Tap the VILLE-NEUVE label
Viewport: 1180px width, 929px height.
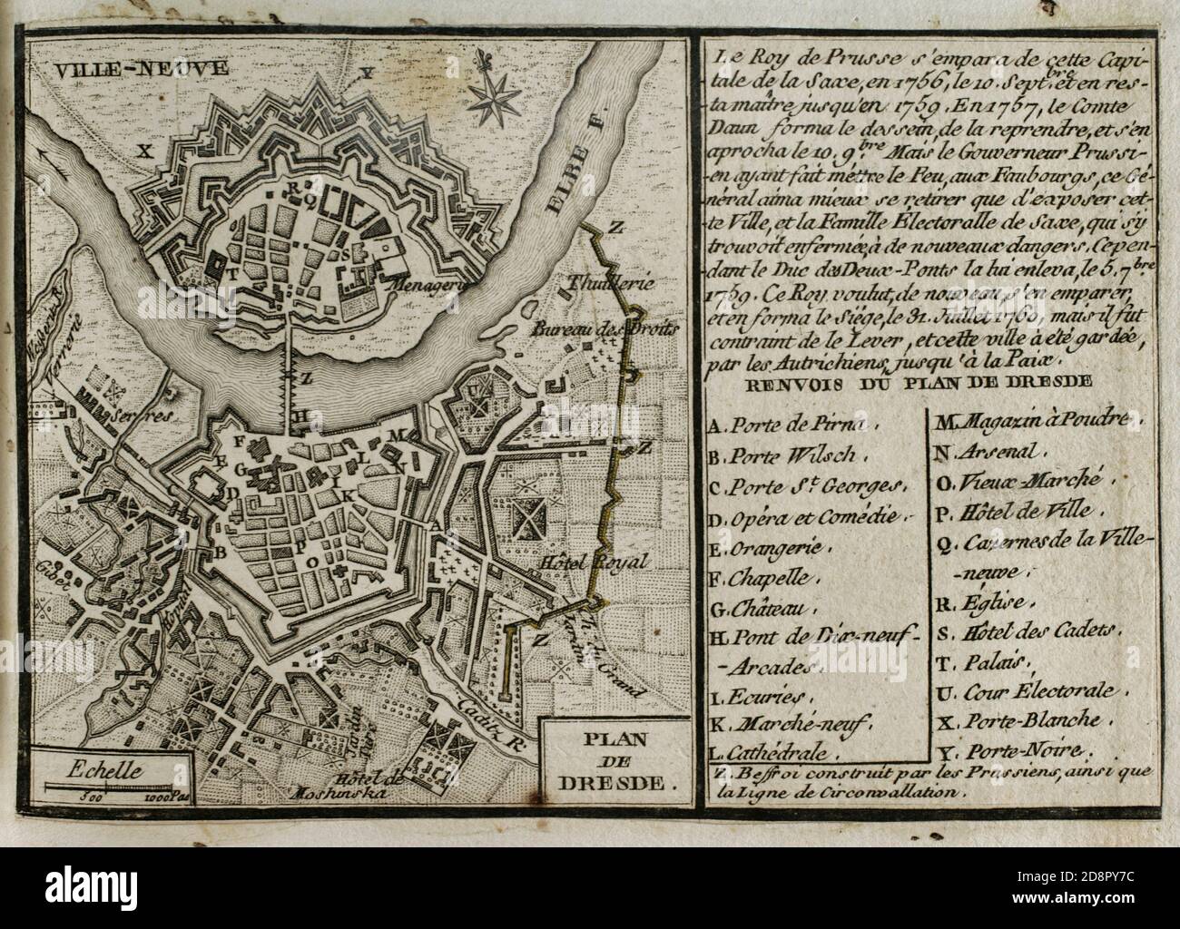pyautogui.click(x=102, y=66)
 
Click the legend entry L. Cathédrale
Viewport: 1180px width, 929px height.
pyautogui.click(x=785, y=751)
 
